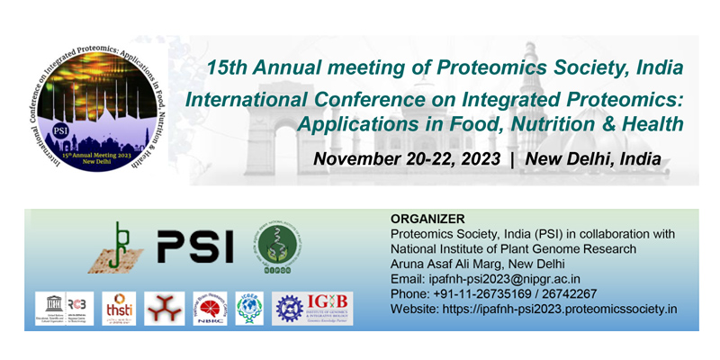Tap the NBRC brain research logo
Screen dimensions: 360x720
coord(211,307)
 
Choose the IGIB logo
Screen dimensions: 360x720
coord(312,307)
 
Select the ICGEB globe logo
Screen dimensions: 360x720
coord(249,307)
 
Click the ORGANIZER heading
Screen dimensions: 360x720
coord(427,219)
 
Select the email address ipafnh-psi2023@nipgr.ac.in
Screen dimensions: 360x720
coord(501,279)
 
